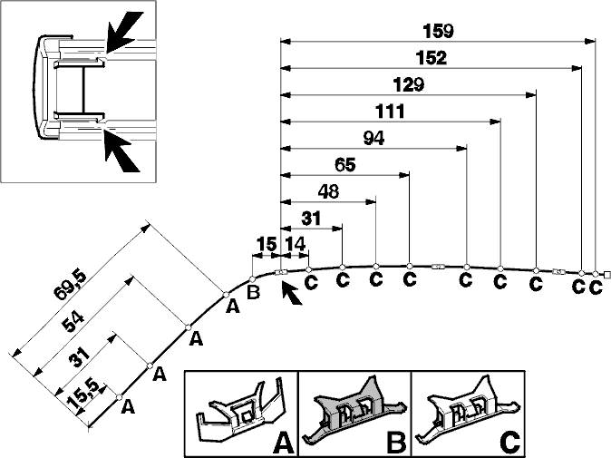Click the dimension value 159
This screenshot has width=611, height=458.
pyautogui.click(x=439, y=32)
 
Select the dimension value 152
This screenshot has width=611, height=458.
pyautogui.click(x=431, y=58)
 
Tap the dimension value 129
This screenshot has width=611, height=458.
pyautogui.click(x=408, y=84)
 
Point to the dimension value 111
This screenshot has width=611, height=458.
pyautogui.click(x=390, y=112)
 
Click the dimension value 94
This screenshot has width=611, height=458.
pyautogui.click(x=373, y=138)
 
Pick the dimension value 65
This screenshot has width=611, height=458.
pyautogui.click(x=345, y=165)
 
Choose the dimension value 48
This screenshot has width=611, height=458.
pyautogui.click(x=328, y=191)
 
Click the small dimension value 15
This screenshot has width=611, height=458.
pyautogui.click(x=267, y=244)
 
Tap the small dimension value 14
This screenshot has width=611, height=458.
pyautogui.click(x=295, y=244)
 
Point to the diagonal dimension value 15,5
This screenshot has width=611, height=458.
pyautogui.click(x=83, y=394)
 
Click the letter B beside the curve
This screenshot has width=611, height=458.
pyautogui.click(x=253, y=292)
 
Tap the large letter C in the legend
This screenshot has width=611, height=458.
pyautogui.click(x=509, y=443)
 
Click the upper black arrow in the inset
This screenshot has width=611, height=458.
pyautogui.click(x=124, y=33)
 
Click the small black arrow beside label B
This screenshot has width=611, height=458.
pyautogui.click(x=291, y=293)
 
